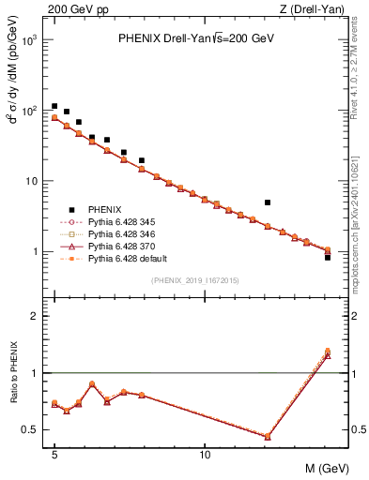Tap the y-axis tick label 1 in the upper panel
click(35, 252)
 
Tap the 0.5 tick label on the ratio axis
click(30, 430)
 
